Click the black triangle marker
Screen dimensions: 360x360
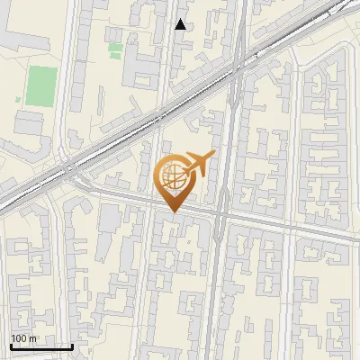(181, 24)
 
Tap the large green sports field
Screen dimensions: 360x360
(40, 85)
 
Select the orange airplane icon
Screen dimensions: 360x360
(197, 165)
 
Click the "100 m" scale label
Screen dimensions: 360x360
(23, 338)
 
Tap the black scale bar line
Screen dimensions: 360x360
(41, 346)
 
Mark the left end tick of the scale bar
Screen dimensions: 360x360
(11, 345)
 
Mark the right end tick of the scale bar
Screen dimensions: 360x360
(72, 345)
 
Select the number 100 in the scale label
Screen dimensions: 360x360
(19, 338)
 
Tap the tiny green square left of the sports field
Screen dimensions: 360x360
(18, 99)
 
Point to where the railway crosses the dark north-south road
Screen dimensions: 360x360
(236, 67)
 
